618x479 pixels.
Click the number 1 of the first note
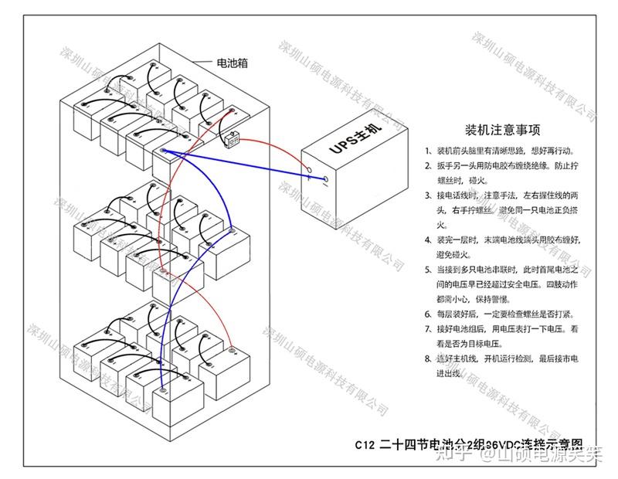(427, 150)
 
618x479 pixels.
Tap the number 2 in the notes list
(427, 165)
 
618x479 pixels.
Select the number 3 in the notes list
(427, 195)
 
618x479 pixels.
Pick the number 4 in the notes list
(427, 240)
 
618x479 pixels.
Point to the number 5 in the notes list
(427, 270)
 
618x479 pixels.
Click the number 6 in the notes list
(427, 314)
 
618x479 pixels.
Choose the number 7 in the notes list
(427, 329)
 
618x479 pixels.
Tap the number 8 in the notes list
(427, 358)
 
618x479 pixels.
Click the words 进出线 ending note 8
(449, 374)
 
